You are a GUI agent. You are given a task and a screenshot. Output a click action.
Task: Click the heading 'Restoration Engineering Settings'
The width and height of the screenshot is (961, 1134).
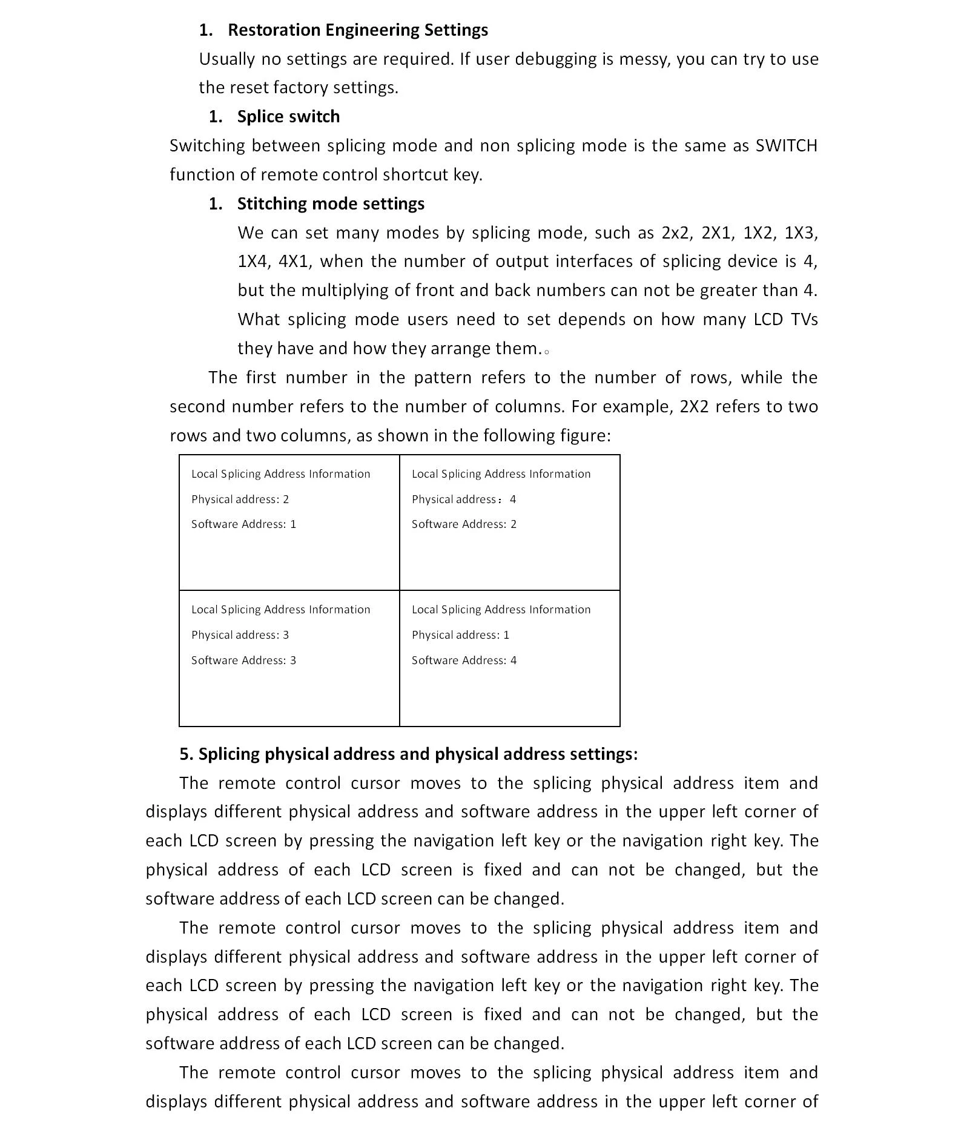tap(357, 30)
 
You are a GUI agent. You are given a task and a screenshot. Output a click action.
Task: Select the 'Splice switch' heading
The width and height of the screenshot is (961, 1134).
tap(288, 116)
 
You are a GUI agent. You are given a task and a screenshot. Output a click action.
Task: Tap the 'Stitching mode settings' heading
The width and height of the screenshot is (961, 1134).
tap(331, 203)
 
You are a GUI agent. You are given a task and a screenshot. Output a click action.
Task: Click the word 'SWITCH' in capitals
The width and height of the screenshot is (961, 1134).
tap(786, 146)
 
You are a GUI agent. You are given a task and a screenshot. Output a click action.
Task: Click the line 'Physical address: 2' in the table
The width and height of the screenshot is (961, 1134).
tap(240, 499)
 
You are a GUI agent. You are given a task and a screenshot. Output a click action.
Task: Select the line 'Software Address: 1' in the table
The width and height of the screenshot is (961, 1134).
tap(243, 524)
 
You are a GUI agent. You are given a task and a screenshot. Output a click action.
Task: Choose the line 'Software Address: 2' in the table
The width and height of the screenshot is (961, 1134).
tap(464, 524)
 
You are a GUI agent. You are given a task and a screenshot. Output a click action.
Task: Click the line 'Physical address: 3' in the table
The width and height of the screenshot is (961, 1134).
tap(240, 635)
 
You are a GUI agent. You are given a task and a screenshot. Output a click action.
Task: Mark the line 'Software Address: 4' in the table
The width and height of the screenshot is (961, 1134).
tap(464, 661)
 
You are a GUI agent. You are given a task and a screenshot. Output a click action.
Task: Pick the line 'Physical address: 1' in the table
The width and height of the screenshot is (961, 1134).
tap(460, 635)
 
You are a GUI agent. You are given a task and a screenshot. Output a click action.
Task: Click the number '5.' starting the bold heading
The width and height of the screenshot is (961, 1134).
tap(186, 754)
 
